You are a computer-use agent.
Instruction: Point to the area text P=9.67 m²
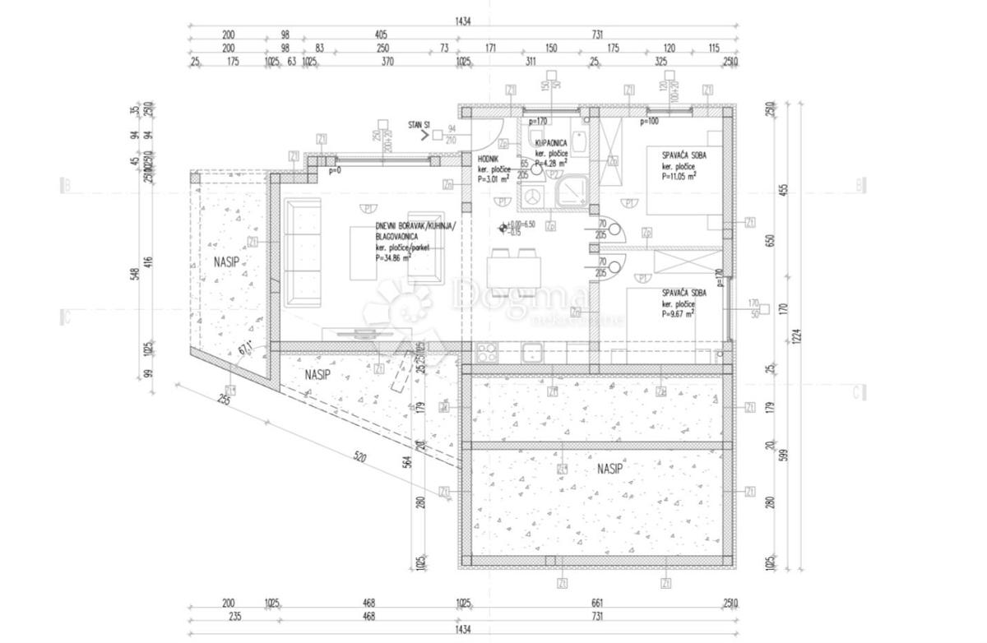point(678,313)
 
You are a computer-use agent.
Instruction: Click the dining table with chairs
point(514,269)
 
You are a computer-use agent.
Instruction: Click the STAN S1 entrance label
point(419,125)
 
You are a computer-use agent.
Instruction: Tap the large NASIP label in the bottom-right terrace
point(609,469)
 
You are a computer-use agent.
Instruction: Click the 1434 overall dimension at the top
point(463,22)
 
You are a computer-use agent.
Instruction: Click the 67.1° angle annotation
point(244,349)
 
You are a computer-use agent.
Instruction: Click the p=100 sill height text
point(648,122)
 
